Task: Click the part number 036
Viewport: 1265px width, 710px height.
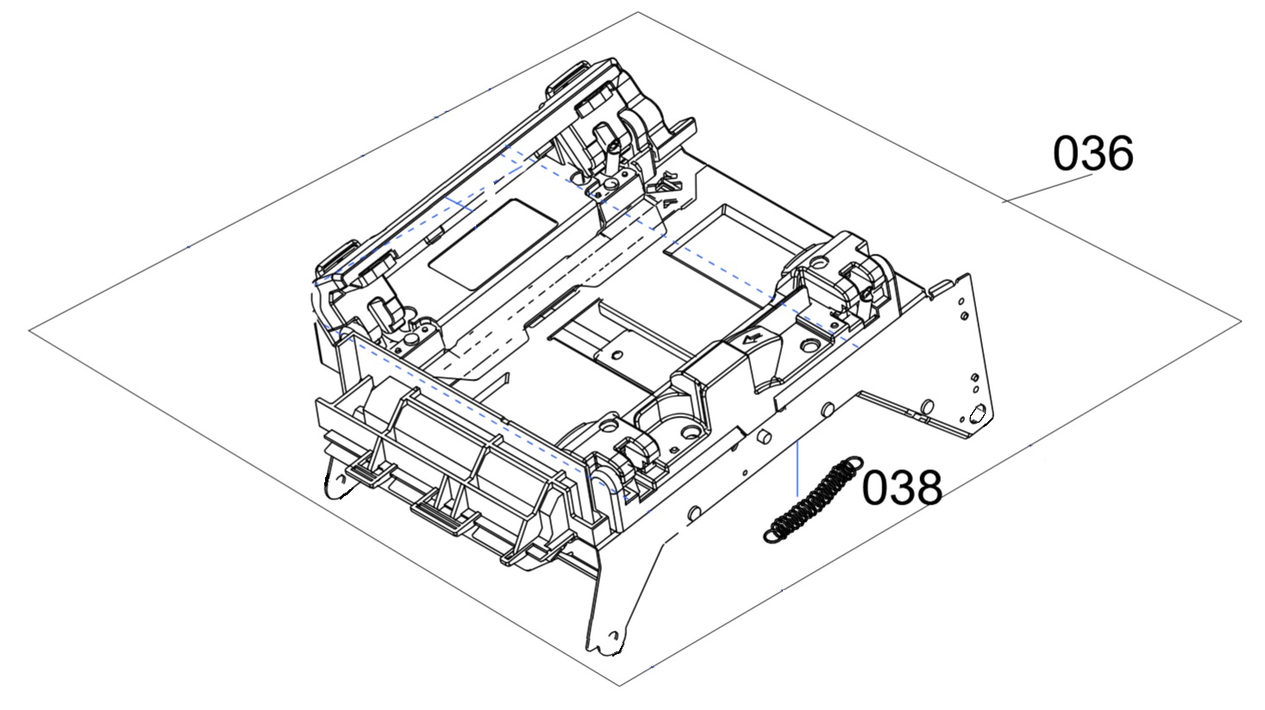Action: pyautogui.click(x=1093, y=153)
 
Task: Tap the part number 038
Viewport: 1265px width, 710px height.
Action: pyautogui.click(x=902, y=487)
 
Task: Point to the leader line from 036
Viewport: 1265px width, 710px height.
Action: pyautogui.click(x=1048, y=188)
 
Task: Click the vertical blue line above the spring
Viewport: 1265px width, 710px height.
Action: pyautogui.click(x=797, y=468)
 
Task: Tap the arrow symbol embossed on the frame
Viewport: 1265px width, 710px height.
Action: pyautogui.click(x=751, y=339)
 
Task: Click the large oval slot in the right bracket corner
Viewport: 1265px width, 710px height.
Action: pyautogui.click(x=977, y=415)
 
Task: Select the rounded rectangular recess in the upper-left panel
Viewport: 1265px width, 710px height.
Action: pyautogui.click(x=492, y=244)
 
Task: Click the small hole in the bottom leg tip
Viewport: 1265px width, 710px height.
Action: pyautogui.click(x=613, y=635)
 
